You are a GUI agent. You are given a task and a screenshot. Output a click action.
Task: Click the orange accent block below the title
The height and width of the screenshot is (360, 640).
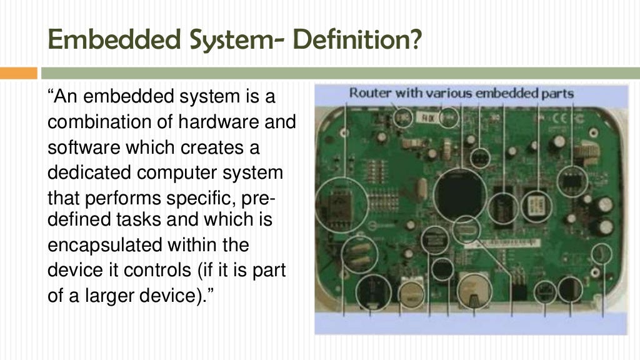click(x=18, y=73)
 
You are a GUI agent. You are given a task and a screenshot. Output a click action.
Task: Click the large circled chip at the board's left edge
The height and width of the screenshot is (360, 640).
click(x=341, y=204)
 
